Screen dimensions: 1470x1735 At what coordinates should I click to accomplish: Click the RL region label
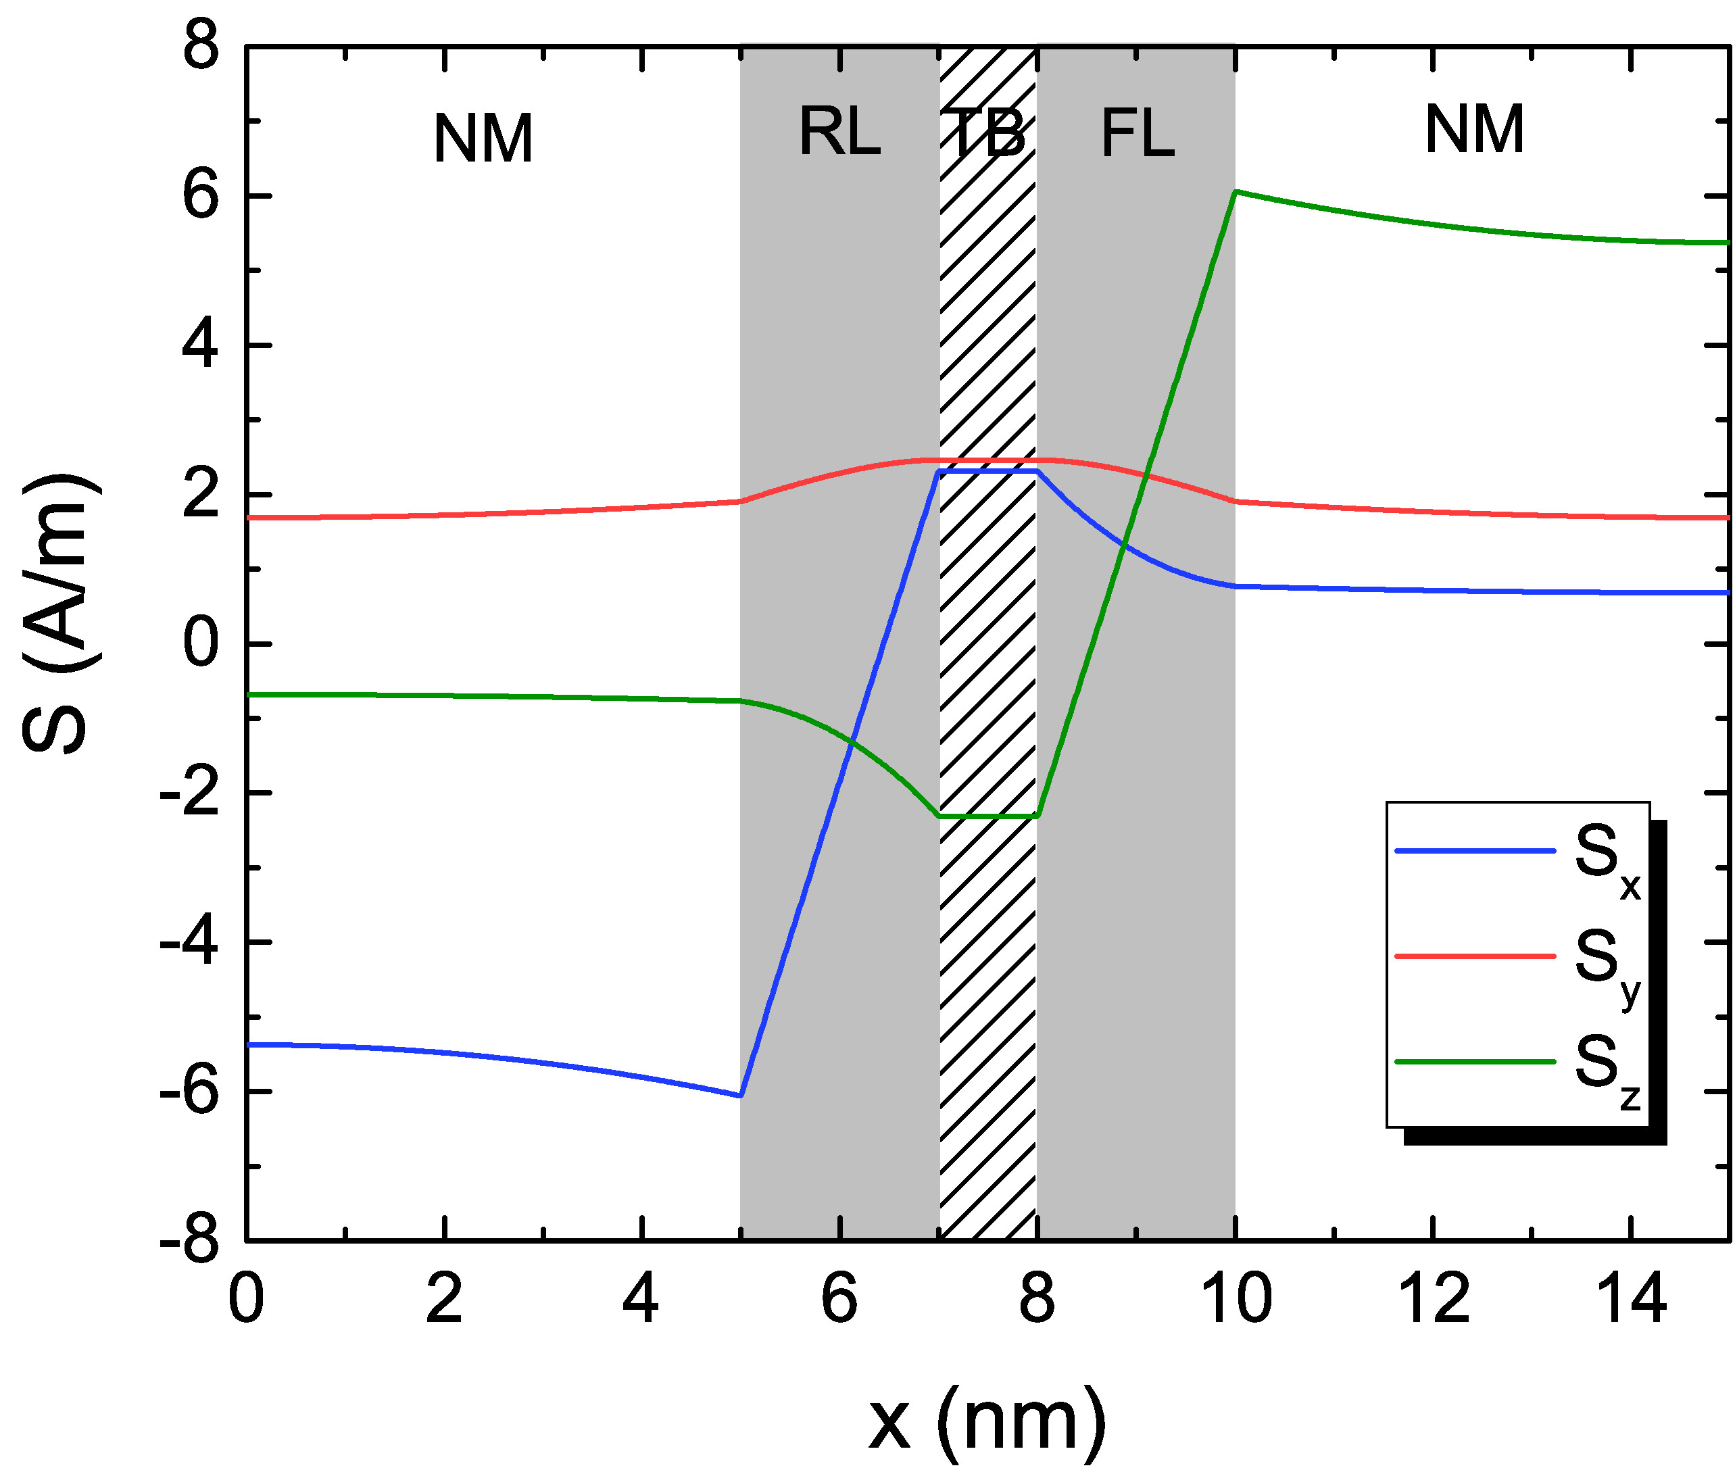(839, 132)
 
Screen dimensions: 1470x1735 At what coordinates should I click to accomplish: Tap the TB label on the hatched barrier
(987, 133)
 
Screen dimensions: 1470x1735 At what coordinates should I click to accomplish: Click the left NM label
(483, 139)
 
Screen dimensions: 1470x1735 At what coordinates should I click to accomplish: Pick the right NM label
(1474, 130)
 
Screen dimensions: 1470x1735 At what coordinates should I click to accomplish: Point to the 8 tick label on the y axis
(201, 46)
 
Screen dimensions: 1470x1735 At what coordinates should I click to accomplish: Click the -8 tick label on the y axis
(190, 1241)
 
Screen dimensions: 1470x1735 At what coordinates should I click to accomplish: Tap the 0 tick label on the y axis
(201, 643)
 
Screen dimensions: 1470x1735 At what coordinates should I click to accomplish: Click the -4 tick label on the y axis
(190, 943)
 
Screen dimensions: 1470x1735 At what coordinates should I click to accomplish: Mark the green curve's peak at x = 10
(1236, 193)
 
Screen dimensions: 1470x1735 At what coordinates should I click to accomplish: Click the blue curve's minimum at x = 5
(741, 1095)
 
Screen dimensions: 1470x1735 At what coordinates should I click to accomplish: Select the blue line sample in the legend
(1475, 851)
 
